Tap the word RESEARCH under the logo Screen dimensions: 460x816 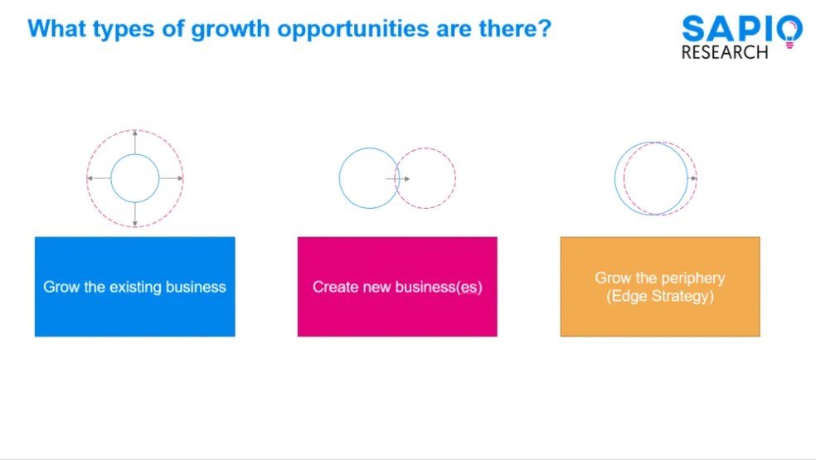724,53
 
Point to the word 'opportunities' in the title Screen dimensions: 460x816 354,29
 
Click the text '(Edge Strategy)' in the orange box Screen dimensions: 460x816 660,296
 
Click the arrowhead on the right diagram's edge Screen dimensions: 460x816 693,178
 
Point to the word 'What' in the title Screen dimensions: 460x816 51,29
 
